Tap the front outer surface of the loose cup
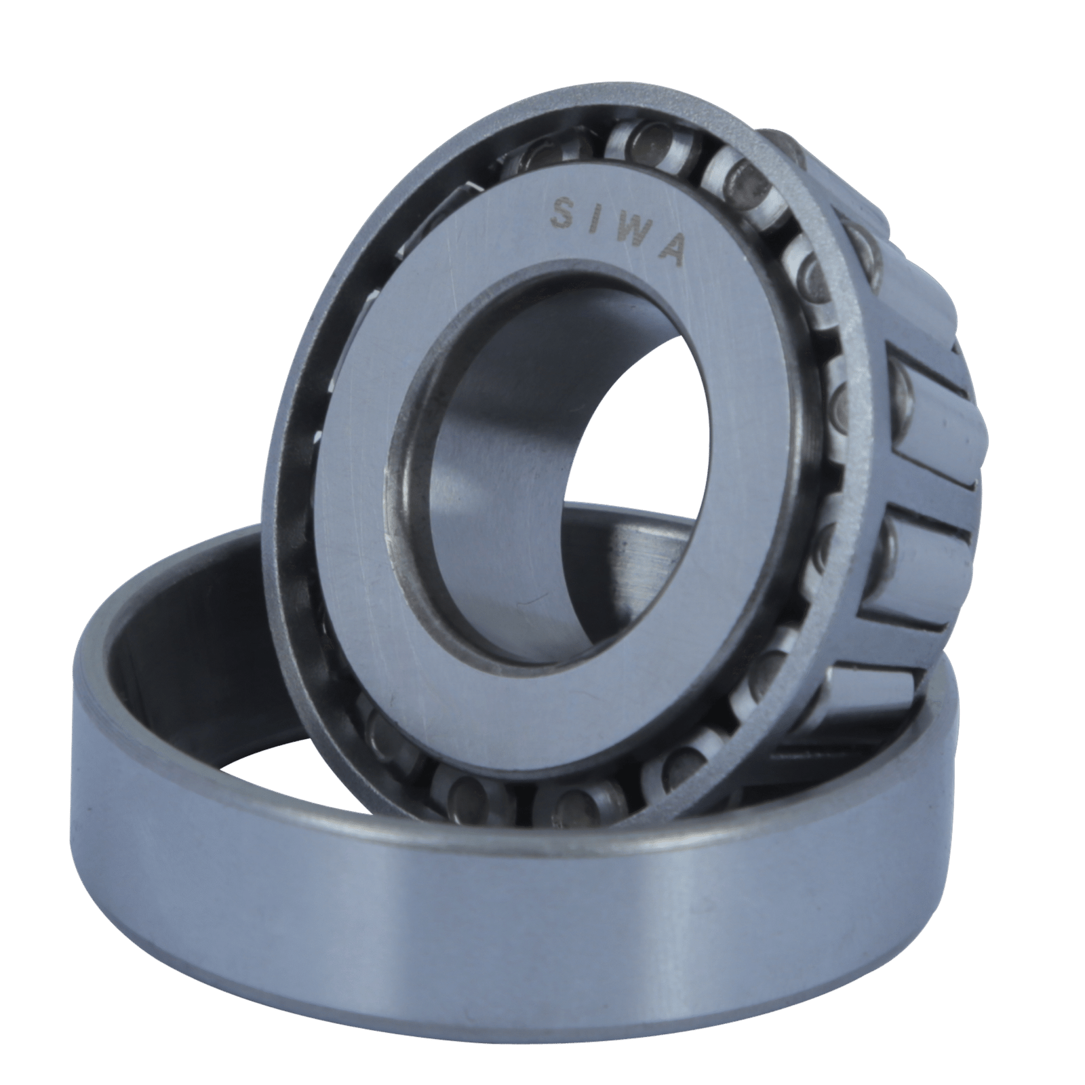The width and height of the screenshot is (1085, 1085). click(x=542, y=949)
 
